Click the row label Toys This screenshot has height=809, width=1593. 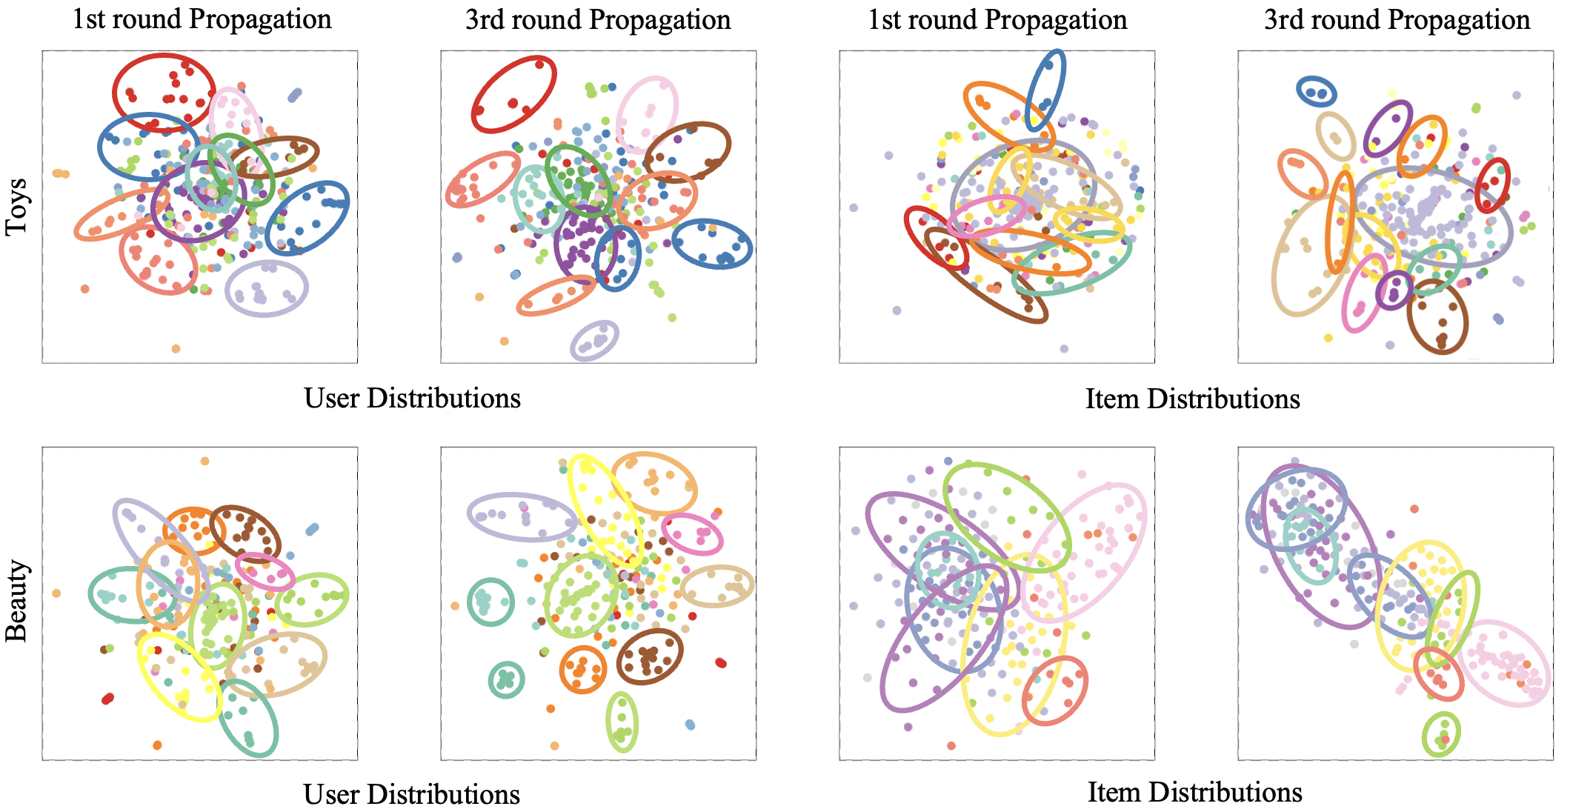click(x=16, y=207)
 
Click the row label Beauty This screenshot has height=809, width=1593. click(x=16, y=601)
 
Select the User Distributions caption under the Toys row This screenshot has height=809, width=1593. click(x=412, y=399)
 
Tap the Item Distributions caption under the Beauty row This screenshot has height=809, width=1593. click(x=1194, y=792)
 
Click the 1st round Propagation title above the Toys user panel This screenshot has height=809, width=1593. click(x=202, y=19)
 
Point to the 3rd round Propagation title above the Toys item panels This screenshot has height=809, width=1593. click(x=1397, y=19)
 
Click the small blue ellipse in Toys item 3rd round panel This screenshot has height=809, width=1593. click(x=1317, y=92)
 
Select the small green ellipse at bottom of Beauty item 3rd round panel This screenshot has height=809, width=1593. click(x=1441, y=734)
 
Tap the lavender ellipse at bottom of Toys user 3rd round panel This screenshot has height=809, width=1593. click(x=594, y=341)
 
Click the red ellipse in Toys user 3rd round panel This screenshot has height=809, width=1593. click(x=513, y=95)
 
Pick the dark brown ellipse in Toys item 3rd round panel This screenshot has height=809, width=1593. click(x=1437, y=316)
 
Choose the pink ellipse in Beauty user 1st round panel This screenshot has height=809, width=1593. click(x=265, y=572)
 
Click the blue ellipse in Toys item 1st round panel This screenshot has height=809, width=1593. click(x=1045, y=90)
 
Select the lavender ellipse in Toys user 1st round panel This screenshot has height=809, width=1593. click(x=266, y=289)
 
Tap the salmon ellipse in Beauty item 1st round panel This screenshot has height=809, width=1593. click(x=1054, y=690)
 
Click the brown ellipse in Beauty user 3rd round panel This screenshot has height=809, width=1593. click(x=650, y=656)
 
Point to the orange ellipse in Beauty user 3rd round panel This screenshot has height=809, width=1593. click(x=583, y=669)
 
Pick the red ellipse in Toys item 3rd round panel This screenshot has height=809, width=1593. click(x=1491, y=185)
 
